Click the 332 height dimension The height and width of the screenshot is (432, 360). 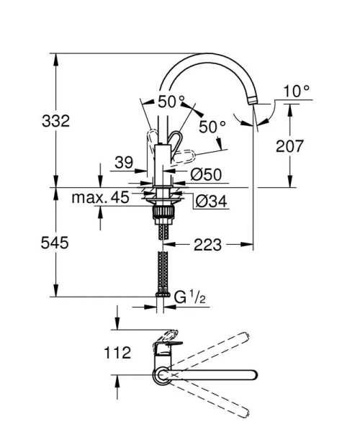55,121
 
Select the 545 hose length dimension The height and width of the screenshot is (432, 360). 55,243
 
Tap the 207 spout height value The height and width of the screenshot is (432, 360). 290,146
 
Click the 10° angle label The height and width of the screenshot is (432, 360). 296,91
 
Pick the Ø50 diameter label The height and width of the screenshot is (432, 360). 206,174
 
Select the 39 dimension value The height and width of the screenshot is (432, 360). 124,164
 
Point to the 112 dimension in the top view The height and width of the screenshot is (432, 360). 117,353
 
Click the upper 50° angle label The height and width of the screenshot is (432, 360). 171,102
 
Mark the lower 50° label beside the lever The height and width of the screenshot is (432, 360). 212,126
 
